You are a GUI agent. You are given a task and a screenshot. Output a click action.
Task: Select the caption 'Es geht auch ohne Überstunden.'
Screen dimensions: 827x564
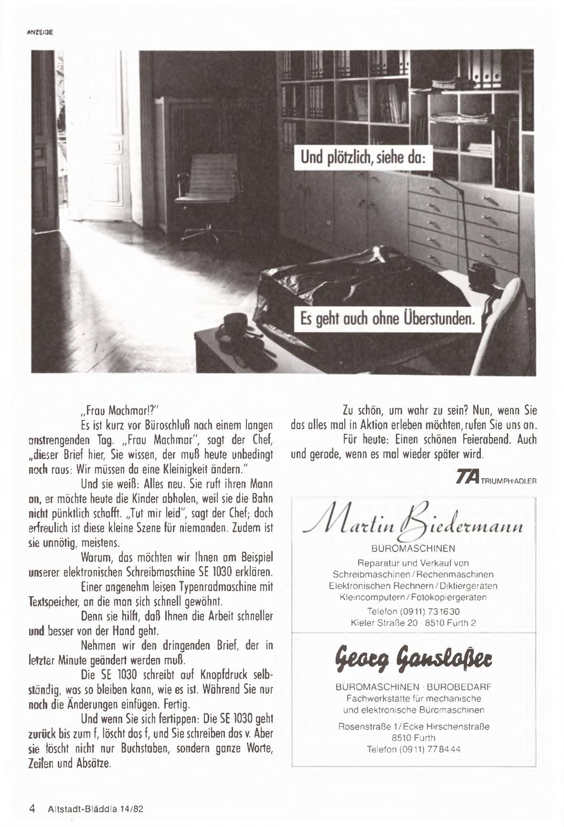coord(387,318)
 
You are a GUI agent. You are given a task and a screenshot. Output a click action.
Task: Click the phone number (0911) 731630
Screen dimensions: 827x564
coord(413,612)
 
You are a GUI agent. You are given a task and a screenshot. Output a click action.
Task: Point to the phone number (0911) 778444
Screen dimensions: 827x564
coord(414,749)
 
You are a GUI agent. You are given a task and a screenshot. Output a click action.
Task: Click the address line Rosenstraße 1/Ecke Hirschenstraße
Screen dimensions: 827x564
coord(414,727)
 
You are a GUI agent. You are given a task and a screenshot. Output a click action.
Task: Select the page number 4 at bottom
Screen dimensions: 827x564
coord(32,809)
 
